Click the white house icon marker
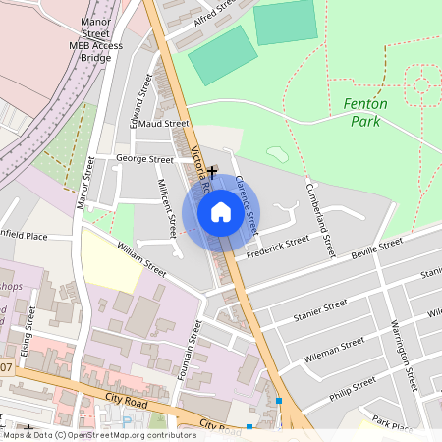click(x=221, y=212)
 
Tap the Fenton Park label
click(x=365, y=112)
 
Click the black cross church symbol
click(x=211, y=171)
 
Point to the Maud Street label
click(x=164, y=124)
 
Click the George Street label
click(x=144, y=158)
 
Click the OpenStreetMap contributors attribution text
click(x=98, y=433)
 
